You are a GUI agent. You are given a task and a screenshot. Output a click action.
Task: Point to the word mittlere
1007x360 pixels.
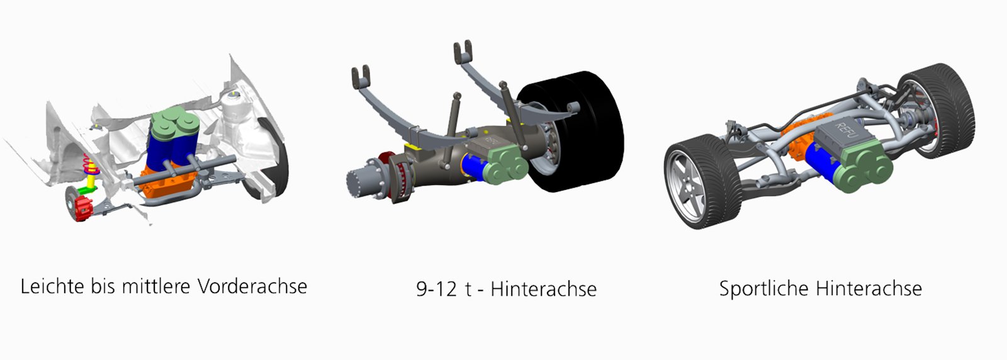coord(157,287)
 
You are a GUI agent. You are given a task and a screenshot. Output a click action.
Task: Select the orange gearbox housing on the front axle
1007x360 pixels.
coord(169,181)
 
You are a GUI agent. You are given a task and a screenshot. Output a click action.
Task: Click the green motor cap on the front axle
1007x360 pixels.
coord(174,123)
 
